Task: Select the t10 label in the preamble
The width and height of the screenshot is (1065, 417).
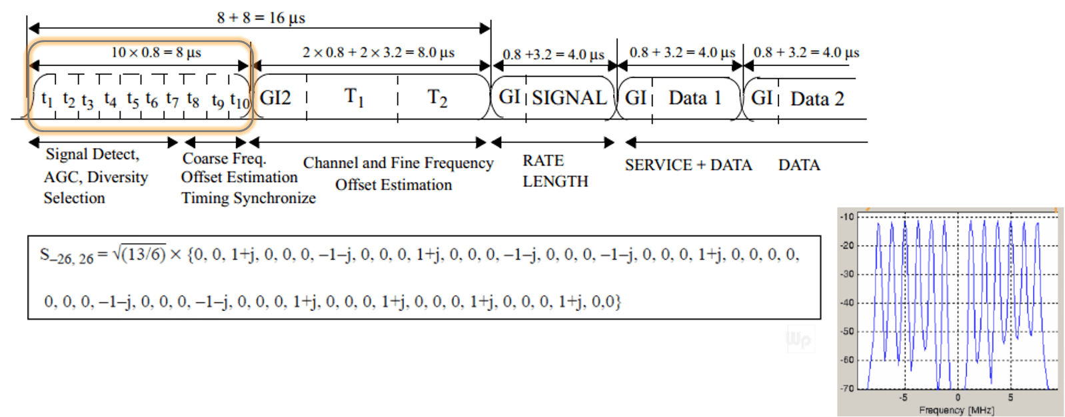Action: pos(239,101)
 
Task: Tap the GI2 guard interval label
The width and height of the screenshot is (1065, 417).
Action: pos(275,98)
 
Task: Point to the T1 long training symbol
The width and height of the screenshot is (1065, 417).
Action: pos(354,97)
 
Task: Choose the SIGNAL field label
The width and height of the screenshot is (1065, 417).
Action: pos(569,98)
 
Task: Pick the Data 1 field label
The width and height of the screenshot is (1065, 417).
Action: pos(695,98)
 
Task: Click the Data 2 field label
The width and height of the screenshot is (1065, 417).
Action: pos(817,99)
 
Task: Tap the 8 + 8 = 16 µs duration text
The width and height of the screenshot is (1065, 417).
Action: pos(261,18)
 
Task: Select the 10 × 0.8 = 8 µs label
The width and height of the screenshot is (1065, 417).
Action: pos(156,52)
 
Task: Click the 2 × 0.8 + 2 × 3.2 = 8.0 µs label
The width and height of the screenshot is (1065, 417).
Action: pos(378,52)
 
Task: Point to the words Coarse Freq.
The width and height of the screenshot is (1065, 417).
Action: pos(224,159)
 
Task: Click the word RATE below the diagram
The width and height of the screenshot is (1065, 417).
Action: pos(543,161)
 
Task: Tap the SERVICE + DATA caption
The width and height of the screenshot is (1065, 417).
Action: pos(688,165)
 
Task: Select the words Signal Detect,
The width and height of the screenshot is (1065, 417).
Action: pos(92,155)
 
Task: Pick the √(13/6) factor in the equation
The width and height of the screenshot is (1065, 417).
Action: pos(139,254)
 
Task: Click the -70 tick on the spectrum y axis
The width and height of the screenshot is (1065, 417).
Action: pos(846,388)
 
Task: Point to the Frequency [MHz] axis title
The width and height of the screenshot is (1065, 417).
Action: pos(956,410)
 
